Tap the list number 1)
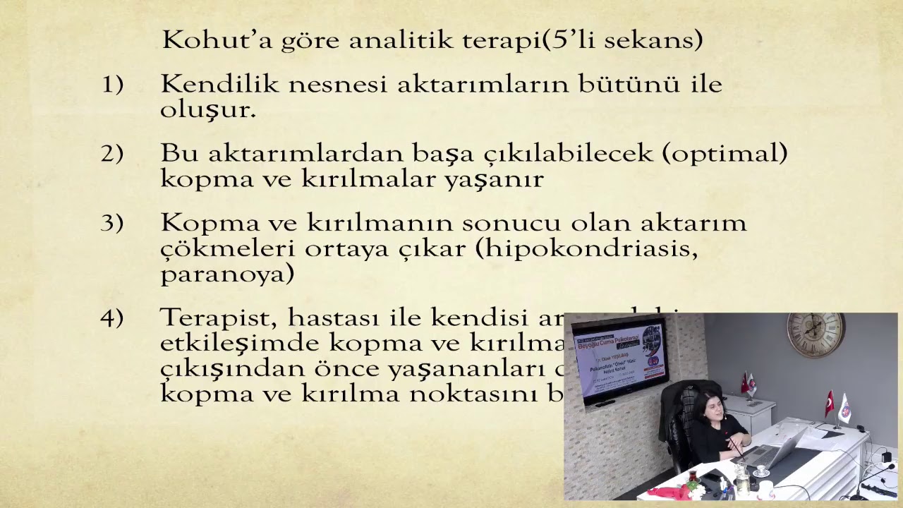point(112,84)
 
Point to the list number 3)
point(112,223)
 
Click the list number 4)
point(112,317)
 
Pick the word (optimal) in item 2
point(725,153)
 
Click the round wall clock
point(816,334)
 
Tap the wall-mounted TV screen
point(620,359)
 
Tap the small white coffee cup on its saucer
point(762,471)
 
